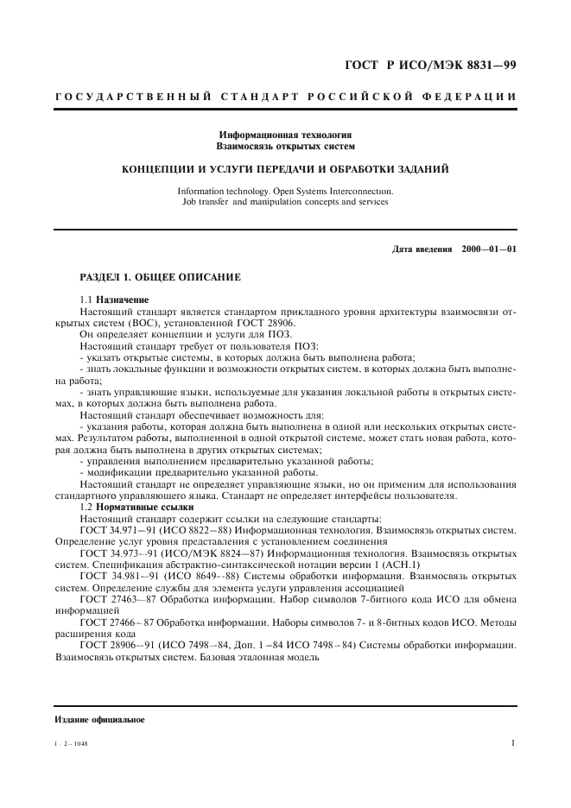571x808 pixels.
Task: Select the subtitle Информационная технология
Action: coord(285,136)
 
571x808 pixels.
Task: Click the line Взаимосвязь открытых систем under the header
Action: coord(285,147)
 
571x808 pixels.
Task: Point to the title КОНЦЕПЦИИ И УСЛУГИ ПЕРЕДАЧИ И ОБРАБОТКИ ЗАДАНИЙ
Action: coord(285,169)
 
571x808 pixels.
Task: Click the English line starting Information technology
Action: coord(285,192)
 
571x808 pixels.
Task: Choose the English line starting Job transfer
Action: coord(285,203)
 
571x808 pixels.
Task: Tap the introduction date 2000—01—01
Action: coord(489,249)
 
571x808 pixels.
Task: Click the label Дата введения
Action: coord(422,249)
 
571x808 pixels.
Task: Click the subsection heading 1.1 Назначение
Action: coord(114,299)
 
